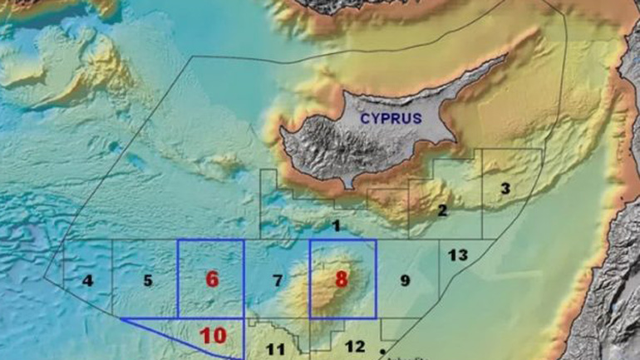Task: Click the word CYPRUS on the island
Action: pyautogui.click(x=391, y=118)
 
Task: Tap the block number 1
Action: pyautogui.click(x=336, y=225)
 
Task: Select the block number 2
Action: pyautogui.click(x=442, y=210)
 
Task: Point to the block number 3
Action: pyautogui.click(x=504, y=189)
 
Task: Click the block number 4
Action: pyautogui.click(x=87, y=280)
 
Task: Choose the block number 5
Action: pyautogui.click(x=148, y=280)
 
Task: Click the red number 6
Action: pyautogui.click(x=212, y=279)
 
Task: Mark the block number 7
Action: pyautogui.click(x=278, y=280)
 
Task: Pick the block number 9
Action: pyautogui.click(x=405, y=280)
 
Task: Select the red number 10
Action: pyautogui.click(x=213, y=336)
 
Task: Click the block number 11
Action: pyautogui.click(x=276, y=349)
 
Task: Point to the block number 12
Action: pyautogui.click(x=354, y=346)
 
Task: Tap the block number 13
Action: pyautogui.click(x=458, y=254)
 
